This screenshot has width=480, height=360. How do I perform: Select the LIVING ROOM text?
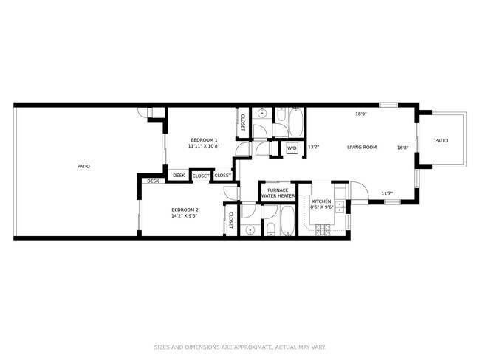click(362, 147)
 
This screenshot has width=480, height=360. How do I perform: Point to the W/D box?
click(292, 148)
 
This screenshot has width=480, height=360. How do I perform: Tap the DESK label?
click(153, 181)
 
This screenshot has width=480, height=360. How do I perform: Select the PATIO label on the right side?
click(441, 140)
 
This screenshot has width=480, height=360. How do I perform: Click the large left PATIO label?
click(83, 167)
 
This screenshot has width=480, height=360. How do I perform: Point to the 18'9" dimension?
click(361, 114)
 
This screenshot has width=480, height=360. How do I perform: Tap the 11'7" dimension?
click(387, 194)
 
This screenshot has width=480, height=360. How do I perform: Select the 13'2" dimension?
click(313, 146)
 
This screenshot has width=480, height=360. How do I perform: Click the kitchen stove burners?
click(323, 229)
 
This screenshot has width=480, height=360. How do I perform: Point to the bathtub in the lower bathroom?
click(286, 221)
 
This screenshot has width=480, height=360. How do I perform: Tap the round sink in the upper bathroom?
click(261, 115)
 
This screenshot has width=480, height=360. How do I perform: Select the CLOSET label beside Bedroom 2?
click(230, 219)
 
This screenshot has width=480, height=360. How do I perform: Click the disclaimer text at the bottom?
click(240, 347)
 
